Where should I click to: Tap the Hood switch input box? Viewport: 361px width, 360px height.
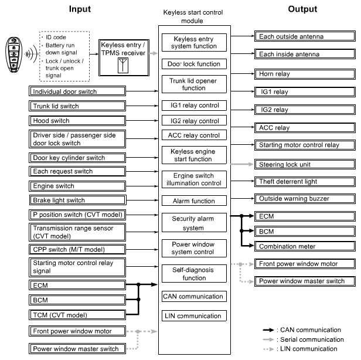coord(78,121)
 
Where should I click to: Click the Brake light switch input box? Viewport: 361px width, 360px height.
coord(78,201)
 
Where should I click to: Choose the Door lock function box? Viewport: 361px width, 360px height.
coord(193,63)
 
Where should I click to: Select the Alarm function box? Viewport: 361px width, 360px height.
coord(193,200)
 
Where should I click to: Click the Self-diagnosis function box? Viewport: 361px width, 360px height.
coord(193,274)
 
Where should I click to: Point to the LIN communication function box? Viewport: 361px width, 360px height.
coord(193,316)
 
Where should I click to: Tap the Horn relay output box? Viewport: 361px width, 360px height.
coord(305,74)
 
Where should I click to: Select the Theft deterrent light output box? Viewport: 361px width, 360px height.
coord(305,182)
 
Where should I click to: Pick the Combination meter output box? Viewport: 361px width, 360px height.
coord(305,247)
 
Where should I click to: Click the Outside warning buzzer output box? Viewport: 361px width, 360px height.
coord(305,199)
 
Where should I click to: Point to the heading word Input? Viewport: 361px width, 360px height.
coord(80,9)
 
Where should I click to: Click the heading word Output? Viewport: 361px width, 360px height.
coord(302,9)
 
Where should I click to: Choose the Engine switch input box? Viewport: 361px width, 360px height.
coord(78,186)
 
